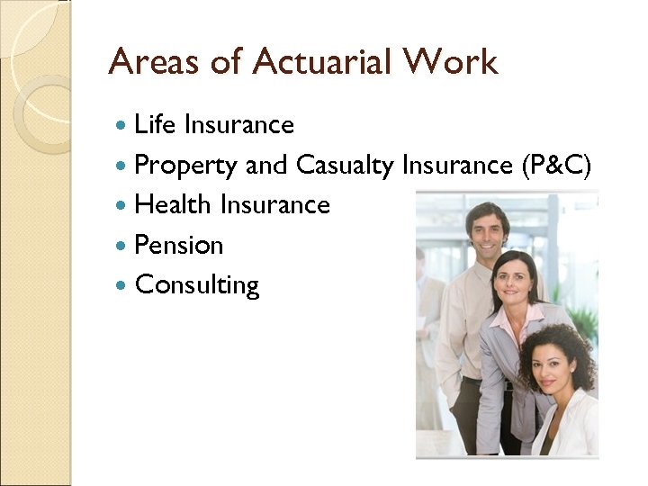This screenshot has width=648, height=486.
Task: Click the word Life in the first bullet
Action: tap(155, 124)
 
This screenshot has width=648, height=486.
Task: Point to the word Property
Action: tap(185, 166)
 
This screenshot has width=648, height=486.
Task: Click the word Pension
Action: tap(178, 245)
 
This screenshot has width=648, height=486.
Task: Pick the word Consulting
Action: tap(196, 286)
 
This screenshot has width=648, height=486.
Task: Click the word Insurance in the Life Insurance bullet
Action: tap(238, 124)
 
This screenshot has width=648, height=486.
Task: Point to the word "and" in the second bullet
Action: tap(265, 166)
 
